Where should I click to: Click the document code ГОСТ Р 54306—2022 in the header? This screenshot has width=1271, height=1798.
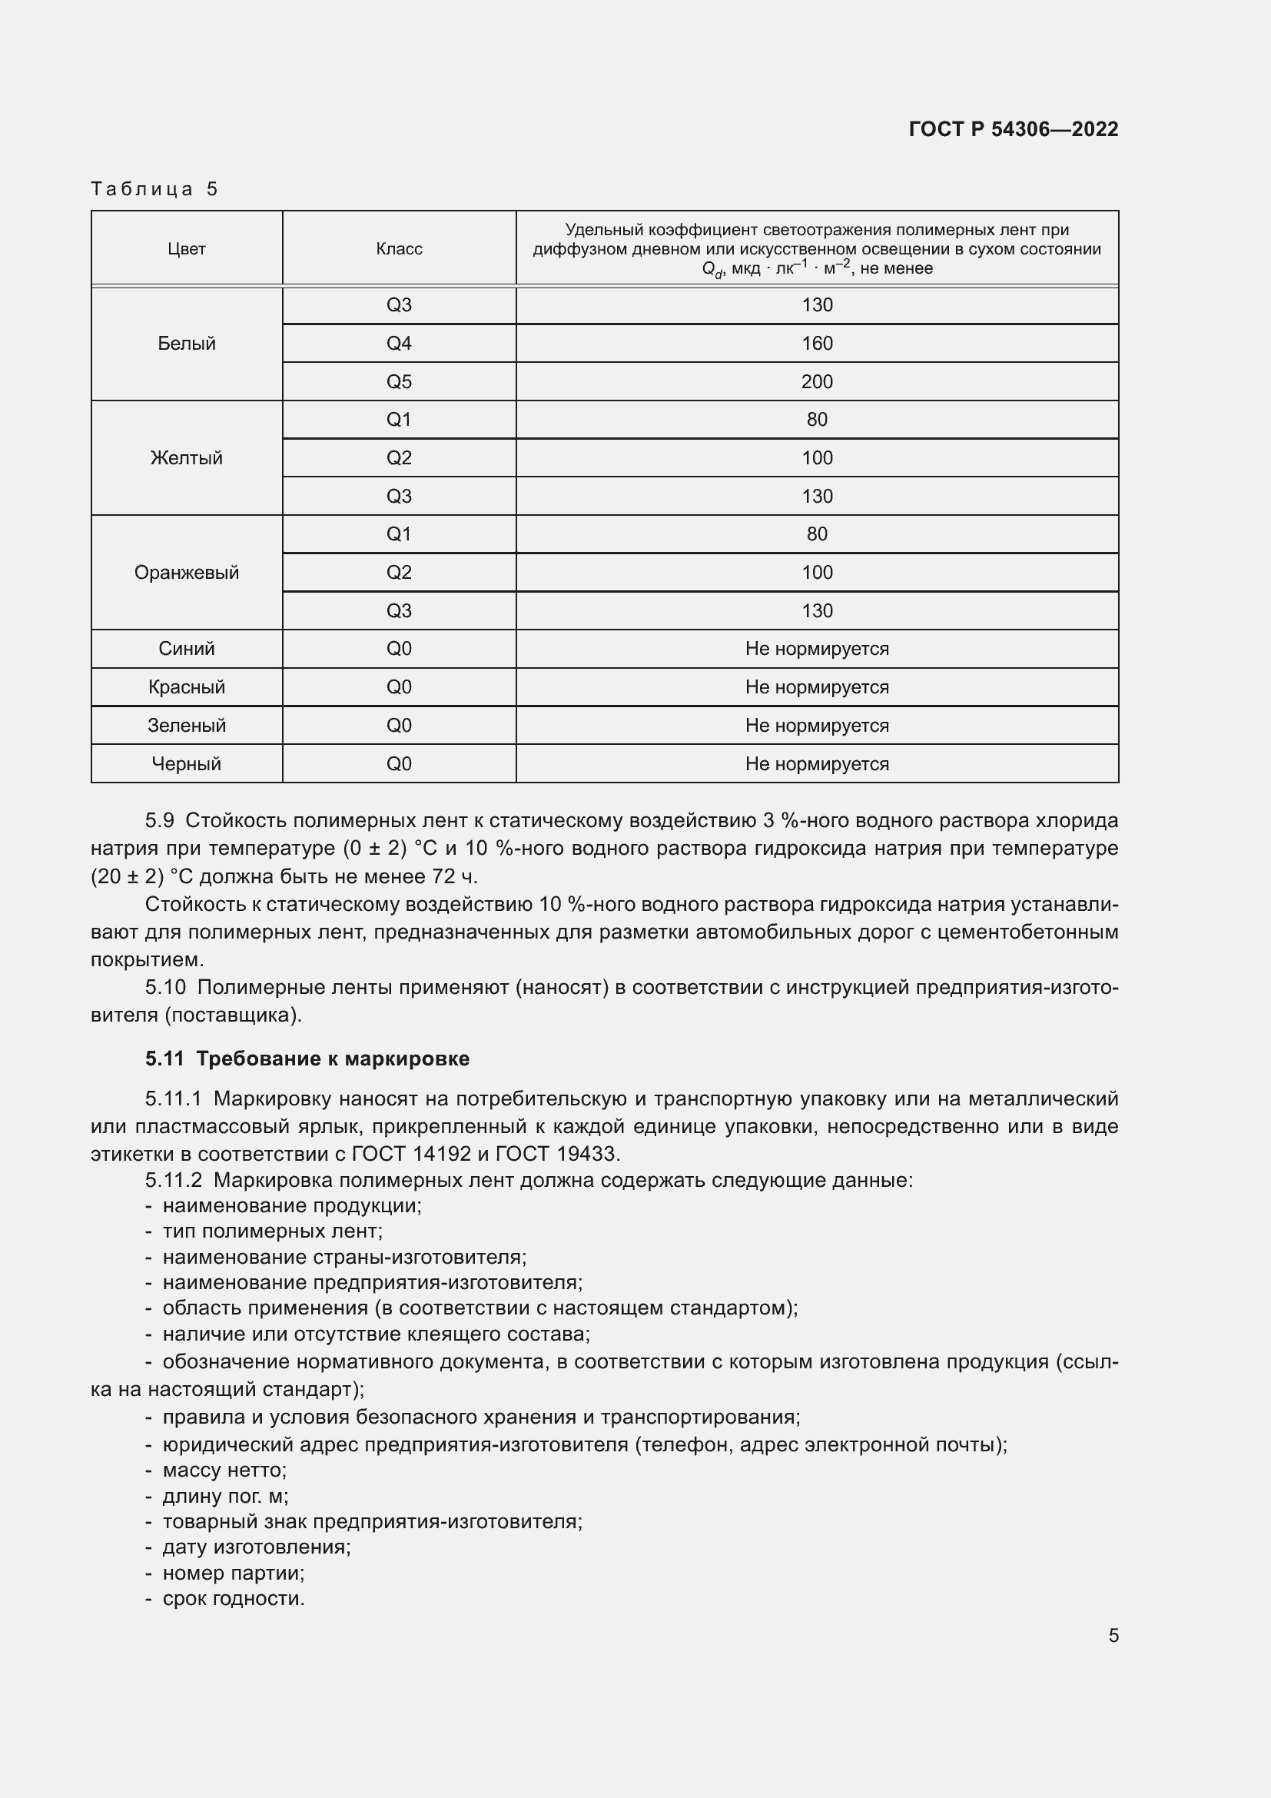click(1013, 129)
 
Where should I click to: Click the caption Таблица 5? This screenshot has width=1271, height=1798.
click(154, 189)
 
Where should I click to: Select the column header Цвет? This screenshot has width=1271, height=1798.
click(186, 249)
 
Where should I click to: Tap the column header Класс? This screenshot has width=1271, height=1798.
click(399, 249)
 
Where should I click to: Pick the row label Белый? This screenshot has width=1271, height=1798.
click(186, 344)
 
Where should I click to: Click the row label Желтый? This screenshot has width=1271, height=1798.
click(186, 458)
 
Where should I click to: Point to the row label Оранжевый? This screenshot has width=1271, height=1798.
click(186, 573)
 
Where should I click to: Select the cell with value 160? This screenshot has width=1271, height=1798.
click(816, 344)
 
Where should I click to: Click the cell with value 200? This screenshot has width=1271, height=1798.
click(816, 382)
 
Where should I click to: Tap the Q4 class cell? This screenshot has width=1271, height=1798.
click(399, 344)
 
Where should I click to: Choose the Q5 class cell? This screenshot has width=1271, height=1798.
click(399, 382)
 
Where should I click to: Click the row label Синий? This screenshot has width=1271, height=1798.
click(186, 649)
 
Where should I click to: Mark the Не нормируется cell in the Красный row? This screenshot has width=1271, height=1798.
click(816, 686)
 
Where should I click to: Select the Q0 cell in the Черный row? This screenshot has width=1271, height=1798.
click(399, 763)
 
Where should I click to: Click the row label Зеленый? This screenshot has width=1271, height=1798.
click(186, 725)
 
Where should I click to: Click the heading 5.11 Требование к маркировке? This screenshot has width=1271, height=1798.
click(307, 1059)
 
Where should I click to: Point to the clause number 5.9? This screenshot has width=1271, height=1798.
click(159, 821)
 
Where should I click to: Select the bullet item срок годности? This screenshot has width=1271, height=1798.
click(234, 1598)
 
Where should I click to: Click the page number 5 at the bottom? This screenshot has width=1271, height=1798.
click(1113, 1636)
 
